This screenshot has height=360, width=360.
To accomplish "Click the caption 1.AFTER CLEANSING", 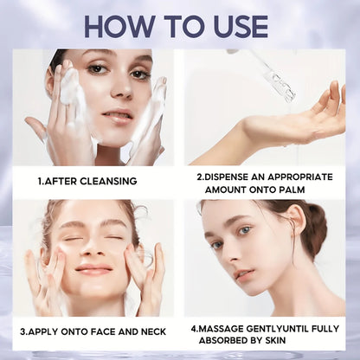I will coord(87,181).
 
